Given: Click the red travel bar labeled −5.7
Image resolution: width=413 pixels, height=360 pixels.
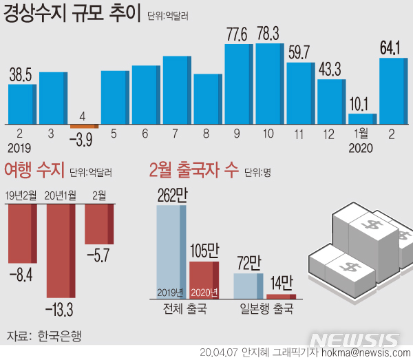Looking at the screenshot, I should pos(99,224).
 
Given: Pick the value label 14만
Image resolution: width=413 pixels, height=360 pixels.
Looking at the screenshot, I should pos(280,283).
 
